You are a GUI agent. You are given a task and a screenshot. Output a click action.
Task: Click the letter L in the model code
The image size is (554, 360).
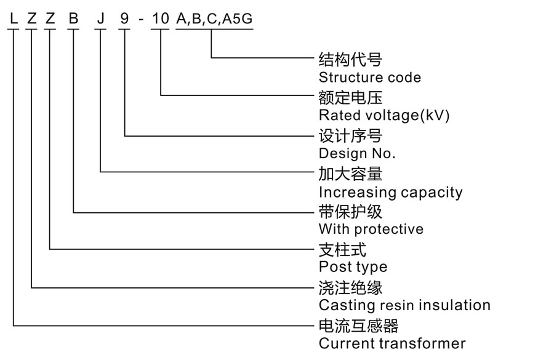click(x=13, y=19)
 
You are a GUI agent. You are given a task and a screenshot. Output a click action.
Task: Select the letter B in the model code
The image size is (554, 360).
click(x=74, y=19)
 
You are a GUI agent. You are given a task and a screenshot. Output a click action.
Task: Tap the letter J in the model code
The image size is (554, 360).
click(x=100, y=19)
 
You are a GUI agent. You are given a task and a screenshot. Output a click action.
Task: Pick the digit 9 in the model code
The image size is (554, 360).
click(x=125, y=19)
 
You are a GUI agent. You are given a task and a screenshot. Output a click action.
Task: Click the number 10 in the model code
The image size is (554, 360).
click(x=160, y=19)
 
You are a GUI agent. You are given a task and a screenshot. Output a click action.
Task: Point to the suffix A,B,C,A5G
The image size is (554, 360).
click(x=214, y=19)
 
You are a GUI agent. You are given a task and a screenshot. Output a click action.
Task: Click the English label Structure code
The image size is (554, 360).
click(x=370, y=78)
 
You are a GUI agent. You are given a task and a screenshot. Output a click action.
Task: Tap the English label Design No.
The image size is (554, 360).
click(x=357, y=153)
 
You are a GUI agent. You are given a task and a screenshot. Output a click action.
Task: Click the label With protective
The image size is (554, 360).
click(x=371, y=229)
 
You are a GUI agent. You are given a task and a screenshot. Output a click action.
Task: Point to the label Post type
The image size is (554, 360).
click(x=353, y=267)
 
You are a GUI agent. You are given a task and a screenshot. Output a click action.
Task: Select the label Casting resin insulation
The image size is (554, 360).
click(x=404, y=305)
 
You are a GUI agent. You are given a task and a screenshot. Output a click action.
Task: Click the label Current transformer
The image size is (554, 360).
click(x=392, y=343)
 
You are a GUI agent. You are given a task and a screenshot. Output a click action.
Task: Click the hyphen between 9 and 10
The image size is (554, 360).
click(x=142, y=20)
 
